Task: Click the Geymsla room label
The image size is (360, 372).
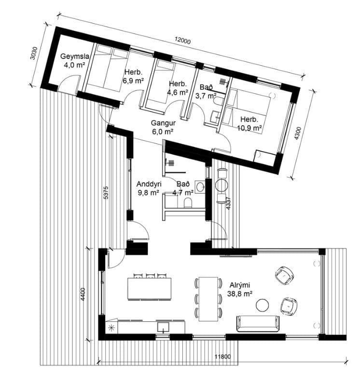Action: [x=75, y=57]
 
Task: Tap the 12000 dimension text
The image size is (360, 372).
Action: [x=182, y=41]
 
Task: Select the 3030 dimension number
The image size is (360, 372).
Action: [x=34, y=53]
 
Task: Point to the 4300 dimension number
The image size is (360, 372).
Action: [x=298, y=133]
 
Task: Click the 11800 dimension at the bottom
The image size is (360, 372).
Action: [x=222, y=357]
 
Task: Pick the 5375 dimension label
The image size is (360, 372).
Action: [x=106, y=192]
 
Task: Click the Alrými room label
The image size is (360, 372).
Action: [x=240, y=285]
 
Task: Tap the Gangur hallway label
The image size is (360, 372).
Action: [x=163, y=123]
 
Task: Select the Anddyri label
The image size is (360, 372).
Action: [x=149, y=184]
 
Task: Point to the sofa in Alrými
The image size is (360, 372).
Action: [x=258, y=324]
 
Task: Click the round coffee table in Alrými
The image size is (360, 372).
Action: [x=263, y=305]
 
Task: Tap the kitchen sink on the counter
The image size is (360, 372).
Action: [x=163, y=327]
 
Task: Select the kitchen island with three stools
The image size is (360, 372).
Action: [x=150, y=288]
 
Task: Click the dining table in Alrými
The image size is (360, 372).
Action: [x=208, y=299]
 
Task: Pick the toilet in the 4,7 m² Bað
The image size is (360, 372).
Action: [x=188, y=202]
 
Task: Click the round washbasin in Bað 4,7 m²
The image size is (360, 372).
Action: [x=200, y=186]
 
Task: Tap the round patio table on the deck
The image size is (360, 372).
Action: [x=222, y=185]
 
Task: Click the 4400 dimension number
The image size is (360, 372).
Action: [x=83, y=294]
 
